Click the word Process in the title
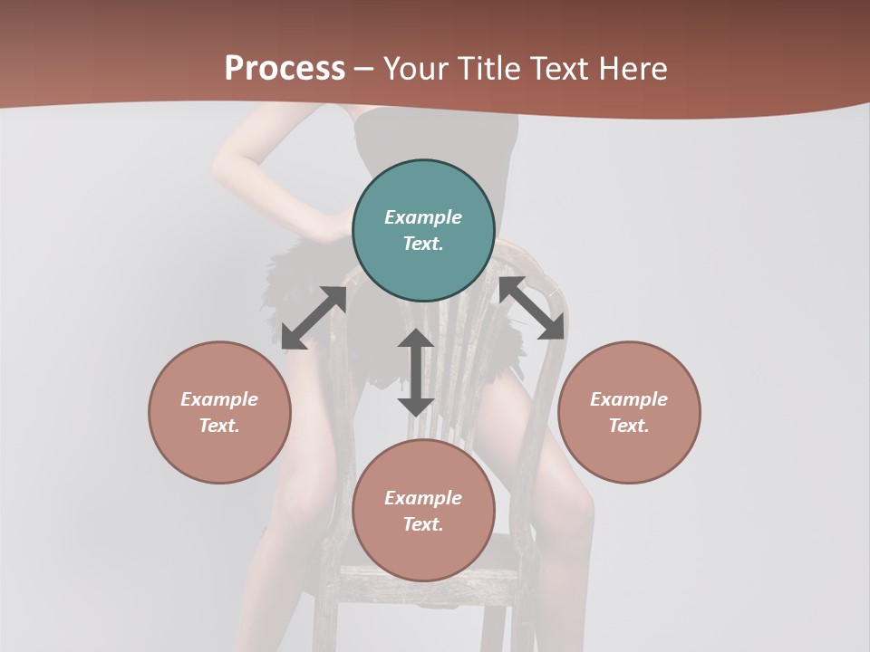(x=285, y=69)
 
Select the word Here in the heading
(x=632, y=69)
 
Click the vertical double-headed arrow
(x=416, y=372)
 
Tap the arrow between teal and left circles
(x=314, y=318)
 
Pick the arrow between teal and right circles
(x=532, y=308)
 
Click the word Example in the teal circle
(x=423, y=217)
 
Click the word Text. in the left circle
(x=219, y=426)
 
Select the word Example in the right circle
(x=629, y=399)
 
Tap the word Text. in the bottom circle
(x=423, y=524)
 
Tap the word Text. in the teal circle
(x=423, y=244)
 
